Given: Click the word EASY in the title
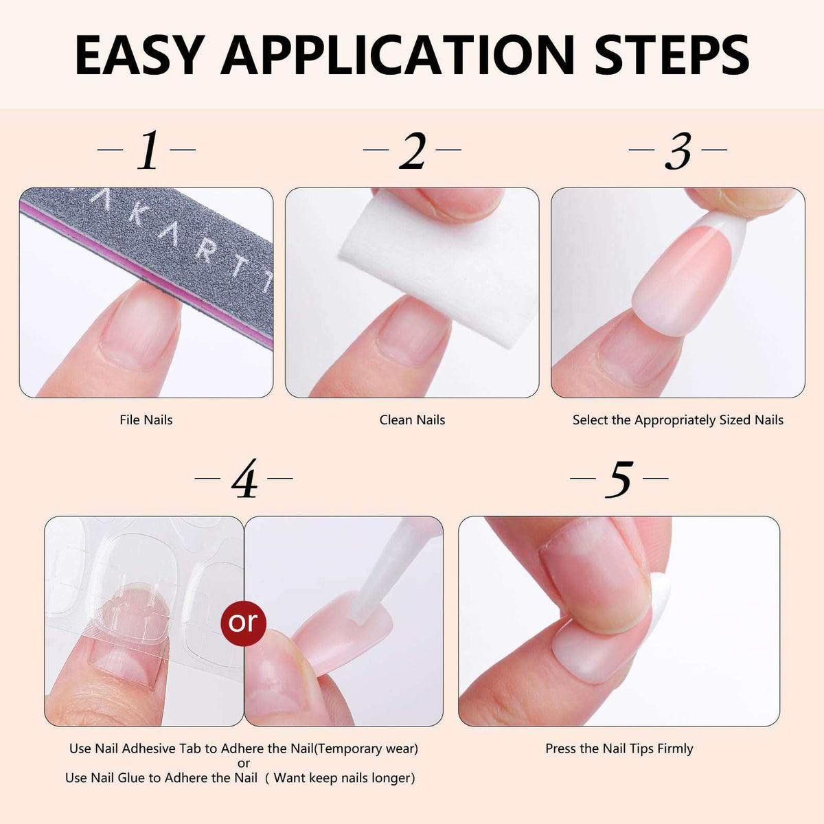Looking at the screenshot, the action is (138, 56).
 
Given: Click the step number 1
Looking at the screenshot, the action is (148, 150).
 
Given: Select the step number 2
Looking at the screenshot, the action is (412, 150).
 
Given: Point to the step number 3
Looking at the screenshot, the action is (678, 151).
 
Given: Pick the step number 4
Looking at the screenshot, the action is (244, 479).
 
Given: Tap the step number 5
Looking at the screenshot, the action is (619, 479).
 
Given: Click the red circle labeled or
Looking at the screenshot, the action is (243, 623).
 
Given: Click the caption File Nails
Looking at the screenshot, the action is (146, 420).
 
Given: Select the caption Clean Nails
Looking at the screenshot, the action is (412, 420).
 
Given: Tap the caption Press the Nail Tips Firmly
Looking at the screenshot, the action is (619, 748).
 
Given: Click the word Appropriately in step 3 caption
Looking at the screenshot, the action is (675, 420).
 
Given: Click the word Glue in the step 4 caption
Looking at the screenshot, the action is (130, 777).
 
